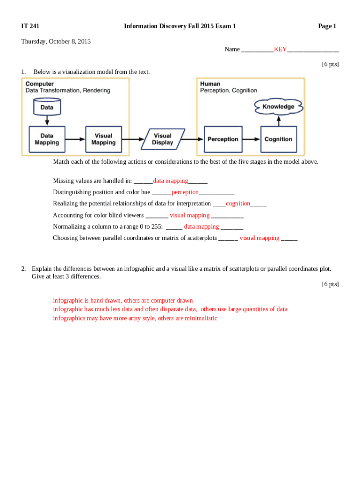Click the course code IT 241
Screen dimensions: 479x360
point(30,26)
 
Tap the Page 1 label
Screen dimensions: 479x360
point(327,26)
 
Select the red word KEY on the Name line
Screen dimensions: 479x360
point(280,49)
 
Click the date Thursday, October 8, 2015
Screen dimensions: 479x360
point(56,42)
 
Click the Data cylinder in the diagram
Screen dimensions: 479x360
point(47,107)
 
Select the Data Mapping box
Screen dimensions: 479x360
point(47,139)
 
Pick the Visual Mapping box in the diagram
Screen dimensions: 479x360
point(103,139)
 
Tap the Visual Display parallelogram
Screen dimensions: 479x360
point(162,139)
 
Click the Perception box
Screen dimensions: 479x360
point(223,139)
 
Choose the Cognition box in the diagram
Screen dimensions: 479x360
point(278,139)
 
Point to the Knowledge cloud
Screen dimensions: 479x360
point(278,107)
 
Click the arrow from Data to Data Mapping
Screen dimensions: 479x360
point(47,121)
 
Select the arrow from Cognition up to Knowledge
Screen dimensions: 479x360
point(278,120)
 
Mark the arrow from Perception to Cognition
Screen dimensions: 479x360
point(251,139)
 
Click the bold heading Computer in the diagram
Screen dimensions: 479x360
point(39,84)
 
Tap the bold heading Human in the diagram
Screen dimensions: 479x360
point(210,84)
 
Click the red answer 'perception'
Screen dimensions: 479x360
point(185,192)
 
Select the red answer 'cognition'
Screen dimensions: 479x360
point(238,203)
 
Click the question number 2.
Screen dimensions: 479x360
point(23,269)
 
